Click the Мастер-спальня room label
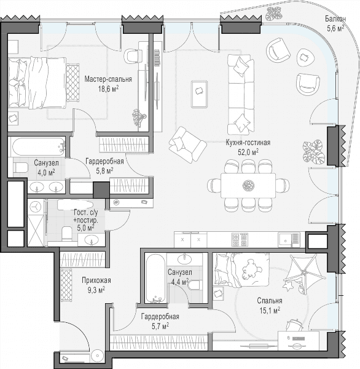tap(108, 79)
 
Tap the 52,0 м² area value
tap(248, 152)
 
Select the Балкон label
tap(335, 18)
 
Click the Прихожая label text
tap(96, 280)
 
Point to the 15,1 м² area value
tap(270, 311)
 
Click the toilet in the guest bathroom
tap(67, 233)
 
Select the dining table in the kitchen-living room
tap(248, 186)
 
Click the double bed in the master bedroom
tap(37, 83)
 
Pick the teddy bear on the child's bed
tap(252, 270)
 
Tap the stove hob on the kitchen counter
tap(240, 240)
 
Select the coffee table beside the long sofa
tap(199, 94)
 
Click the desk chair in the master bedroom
tap(131, 56)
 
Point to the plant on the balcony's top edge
tap(274, 14)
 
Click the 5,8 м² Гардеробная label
tap(104, 165)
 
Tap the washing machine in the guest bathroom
tap(36, 207)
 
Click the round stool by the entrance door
tap(97, 355)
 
